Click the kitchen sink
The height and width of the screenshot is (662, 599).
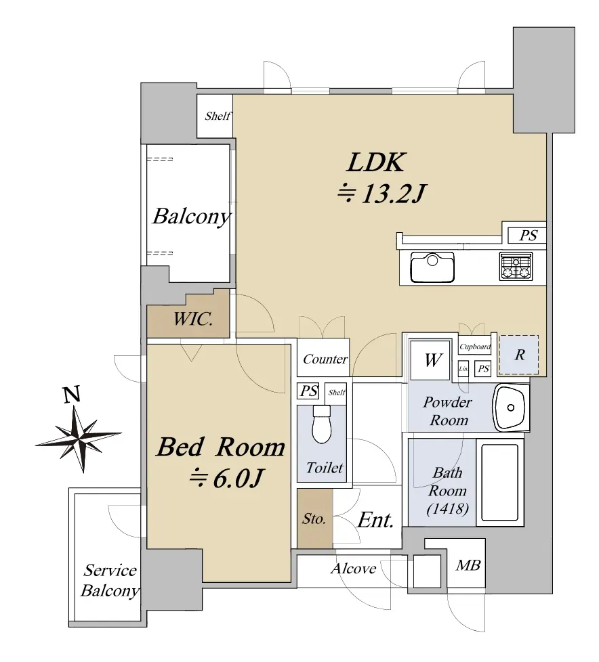[x=432, y=267]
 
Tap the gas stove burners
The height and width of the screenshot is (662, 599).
[x=516, y=267]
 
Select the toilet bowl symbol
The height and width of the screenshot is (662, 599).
[x=322, y=424]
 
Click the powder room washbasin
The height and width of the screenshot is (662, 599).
[x=511, y=407]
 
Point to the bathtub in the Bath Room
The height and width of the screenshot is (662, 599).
[x=499, y=482]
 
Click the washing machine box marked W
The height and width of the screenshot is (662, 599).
[x=430, y=360]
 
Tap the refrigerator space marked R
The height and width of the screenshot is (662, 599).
[x=519, y=355]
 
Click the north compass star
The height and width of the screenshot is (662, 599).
[x=79, y=439]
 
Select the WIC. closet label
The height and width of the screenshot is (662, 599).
[x=192, y=319]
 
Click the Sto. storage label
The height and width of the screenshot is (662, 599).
[x=314, y=518]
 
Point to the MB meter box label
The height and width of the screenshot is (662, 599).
[x=468, y=565]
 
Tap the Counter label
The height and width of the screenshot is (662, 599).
[x=325, y=359]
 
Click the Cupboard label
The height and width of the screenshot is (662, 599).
[x=475, y=347]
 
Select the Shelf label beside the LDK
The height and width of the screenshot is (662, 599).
[x=218, y=116]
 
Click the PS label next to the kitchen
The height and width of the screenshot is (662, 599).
[x=529, y=235]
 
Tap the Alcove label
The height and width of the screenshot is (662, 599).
[x=354, y=569]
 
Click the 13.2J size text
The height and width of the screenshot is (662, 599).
[x=381, y=194]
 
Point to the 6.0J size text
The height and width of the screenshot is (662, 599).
[x=226, y=479]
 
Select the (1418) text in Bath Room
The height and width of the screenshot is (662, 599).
[x=448, y=509]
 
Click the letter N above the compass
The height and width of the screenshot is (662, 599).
[x=71, y=395]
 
